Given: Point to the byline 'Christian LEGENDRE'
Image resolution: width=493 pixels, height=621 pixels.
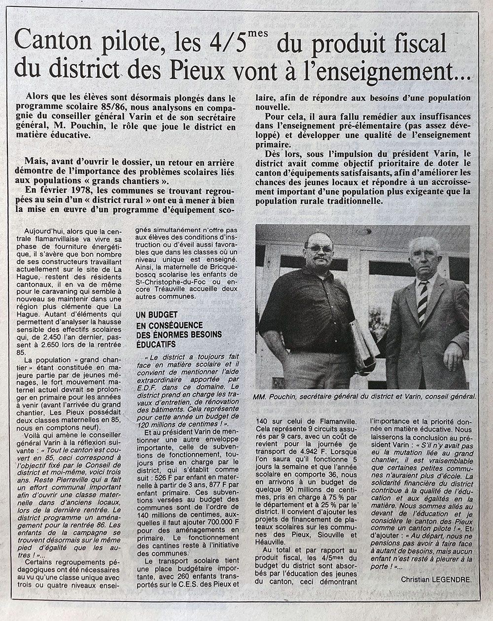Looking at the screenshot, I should click(436, 580).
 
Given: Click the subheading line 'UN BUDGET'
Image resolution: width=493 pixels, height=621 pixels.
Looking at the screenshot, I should click(156, 315).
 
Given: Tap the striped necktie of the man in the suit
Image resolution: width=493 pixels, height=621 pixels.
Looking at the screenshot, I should click(422, 300).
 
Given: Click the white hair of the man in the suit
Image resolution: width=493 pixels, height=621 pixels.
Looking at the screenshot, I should click(423, 243).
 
